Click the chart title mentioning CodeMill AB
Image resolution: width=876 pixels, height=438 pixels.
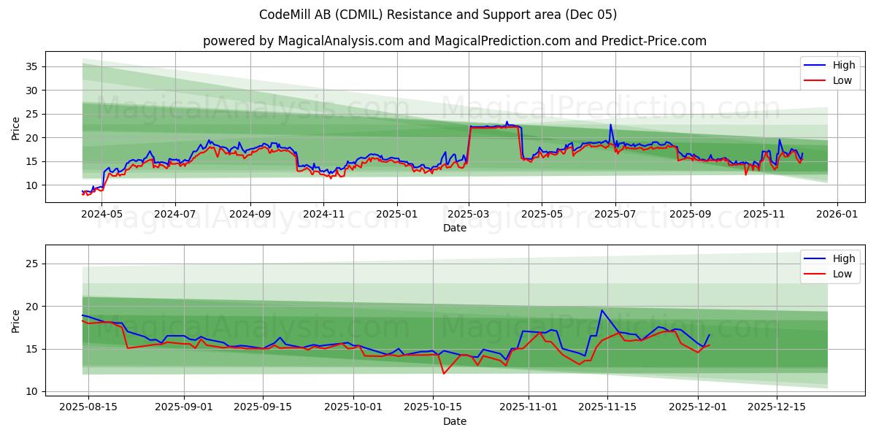point(438,15)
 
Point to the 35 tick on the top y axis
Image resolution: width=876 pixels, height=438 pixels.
point(31,66)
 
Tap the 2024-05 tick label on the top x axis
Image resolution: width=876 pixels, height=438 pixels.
point(101,215)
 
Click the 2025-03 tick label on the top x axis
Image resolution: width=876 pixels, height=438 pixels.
point(469,215)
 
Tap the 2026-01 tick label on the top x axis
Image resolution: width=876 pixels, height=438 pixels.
point(837,215)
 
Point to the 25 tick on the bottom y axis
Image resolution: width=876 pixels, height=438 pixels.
point(31,264)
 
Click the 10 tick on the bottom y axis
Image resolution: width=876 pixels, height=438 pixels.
point(31,391)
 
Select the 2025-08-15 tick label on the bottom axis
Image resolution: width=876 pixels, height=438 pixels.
point(88,407)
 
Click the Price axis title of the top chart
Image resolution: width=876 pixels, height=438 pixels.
point(16,128)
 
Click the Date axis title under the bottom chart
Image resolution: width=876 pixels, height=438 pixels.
point(454,421)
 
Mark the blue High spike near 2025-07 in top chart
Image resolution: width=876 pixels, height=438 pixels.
point(611,125)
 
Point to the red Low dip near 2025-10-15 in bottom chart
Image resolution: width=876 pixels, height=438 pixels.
point(444,374)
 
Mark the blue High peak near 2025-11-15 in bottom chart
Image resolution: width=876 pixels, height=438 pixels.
point(602,310)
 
